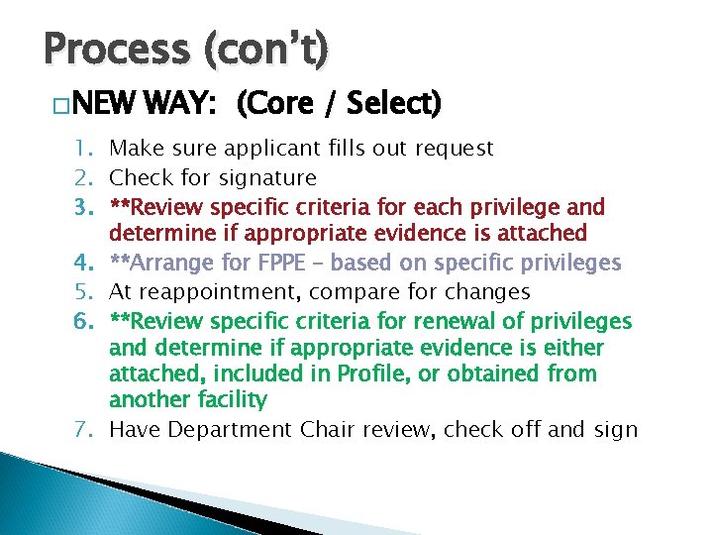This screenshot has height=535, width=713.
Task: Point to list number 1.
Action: tap(84, 150)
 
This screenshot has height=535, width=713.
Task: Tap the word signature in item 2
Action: tap(269, 178)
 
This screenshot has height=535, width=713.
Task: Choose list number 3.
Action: tap(84, 208)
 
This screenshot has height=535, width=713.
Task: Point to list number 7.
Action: tap(84, 430)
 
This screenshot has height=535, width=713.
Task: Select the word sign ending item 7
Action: tap(617, 430)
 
